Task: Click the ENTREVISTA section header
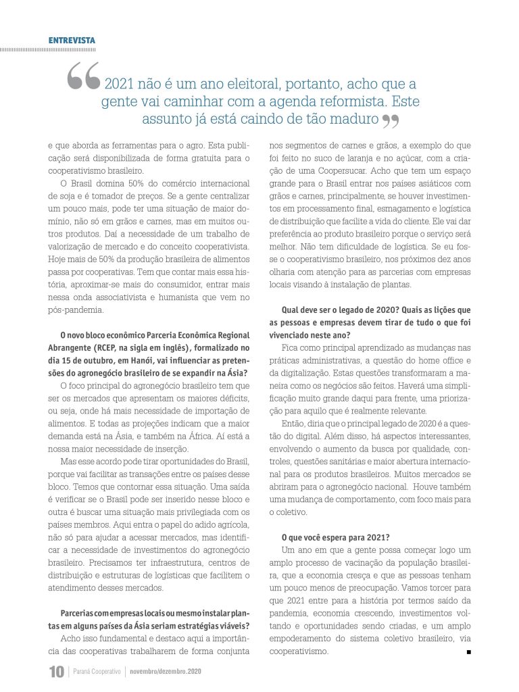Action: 72,41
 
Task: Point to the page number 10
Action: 56,672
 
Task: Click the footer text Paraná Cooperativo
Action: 97,672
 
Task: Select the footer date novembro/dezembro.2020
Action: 166,672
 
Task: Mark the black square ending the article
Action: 468,652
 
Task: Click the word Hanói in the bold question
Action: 151,360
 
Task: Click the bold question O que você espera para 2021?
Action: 335,538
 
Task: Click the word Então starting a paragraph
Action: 294,424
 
